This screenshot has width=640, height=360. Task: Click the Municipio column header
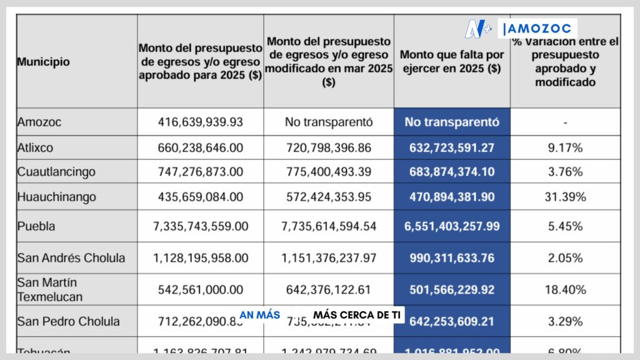43,62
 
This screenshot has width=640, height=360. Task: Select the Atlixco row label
36,148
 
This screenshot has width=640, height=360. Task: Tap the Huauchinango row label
57,197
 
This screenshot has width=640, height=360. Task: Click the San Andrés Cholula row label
71,257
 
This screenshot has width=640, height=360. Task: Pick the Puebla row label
36,226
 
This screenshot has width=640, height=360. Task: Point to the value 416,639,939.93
200,122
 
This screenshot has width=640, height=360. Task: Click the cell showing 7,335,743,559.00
200,226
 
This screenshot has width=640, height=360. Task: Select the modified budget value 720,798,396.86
329,148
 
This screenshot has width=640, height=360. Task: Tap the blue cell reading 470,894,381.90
452,197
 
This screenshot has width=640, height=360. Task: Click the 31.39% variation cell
565,197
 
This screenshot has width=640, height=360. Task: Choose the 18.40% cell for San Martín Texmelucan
565,289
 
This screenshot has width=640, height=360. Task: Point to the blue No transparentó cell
452,122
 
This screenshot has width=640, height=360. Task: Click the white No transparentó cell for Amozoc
329,122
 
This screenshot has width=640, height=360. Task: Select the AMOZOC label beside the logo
539,29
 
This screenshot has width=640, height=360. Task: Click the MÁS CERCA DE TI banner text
357,315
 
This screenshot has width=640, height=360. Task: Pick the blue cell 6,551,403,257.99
452,226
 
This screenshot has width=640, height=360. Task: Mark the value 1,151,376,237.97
329,257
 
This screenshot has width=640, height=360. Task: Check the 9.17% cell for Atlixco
565,148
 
